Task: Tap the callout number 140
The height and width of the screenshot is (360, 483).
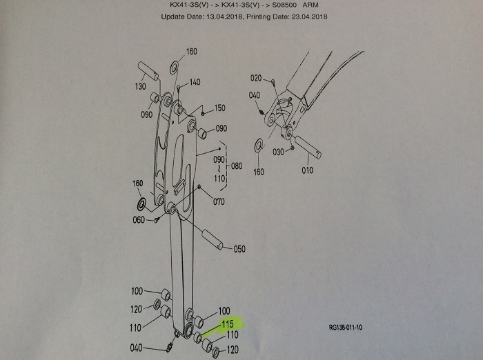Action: [195, 82]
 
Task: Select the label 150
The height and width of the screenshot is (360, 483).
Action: [219, 108]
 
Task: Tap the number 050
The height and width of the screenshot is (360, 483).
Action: [239, 248]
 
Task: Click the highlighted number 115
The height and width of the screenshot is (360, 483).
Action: [228, 323]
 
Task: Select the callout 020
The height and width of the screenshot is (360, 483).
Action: [257, 78]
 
